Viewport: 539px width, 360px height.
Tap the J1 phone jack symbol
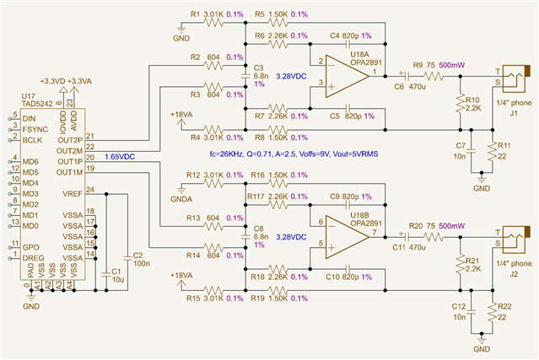pyautogui.click(x=515, y=78)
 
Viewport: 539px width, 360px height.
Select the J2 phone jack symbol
pyautogui.click(x=515, y=239)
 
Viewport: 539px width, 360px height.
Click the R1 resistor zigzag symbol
pyautogui.click(x=213, y=23)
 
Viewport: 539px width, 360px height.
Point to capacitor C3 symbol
pyautogui.click(x=245, y=76)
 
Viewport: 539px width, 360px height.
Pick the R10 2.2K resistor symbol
pyautogui.click(x=461, y=104)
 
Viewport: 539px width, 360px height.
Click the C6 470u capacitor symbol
pyautogui.click(x=406, y=76)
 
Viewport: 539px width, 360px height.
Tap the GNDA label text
pyautogui.click(x=181, y=199)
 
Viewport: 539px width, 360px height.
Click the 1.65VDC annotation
pyautogui.click(x=120, y=157)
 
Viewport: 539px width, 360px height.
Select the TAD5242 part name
pyautogui.click(x=37, y=104)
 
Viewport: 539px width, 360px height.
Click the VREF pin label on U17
pyautogui.click(x=73, y=194)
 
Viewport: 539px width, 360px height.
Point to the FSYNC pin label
pyautogui.click(x=35, y=130)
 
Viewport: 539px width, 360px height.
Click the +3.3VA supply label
pyautogui.click(x=79, y=82)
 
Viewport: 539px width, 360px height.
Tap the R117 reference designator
pyautogui.click(x=256, y=196)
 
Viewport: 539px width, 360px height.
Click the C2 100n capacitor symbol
pyautogui.click(x=127, y=258)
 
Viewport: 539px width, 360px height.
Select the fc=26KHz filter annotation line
pyautogui.click(x=294, y=154)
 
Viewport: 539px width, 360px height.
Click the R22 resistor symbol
pyautogui.click(x=493, y=312)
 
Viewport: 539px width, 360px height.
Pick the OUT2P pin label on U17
pyautogui.click(x=70, y=141)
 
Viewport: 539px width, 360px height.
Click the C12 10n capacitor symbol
pyautogui.click(x=472, y=312)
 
